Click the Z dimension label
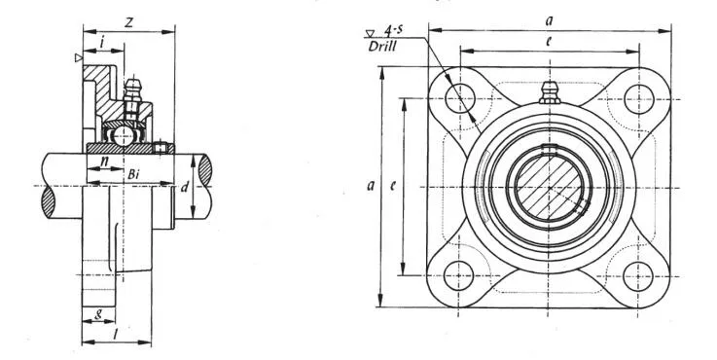[128, 22]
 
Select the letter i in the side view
[102, 44]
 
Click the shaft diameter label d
[184, 187]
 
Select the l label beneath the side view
[117, 333]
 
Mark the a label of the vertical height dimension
[371, 187]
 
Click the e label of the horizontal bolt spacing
[550, 43]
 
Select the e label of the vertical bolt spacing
[393, 187]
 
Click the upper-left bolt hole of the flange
[459, 97]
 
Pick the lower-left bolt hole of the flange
[459, 274]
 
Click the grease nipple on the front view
[549, 93]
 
